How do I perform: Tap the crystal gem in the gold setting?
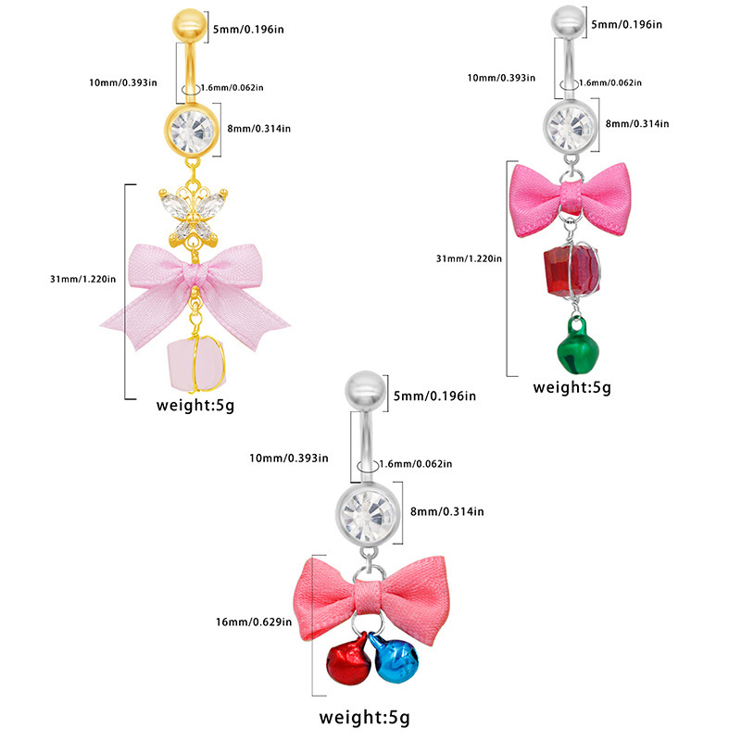(x=194, y=132)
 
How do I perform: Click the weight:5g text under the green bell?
(x=572, y=387)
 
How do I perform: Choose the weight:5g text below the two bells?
(x=365, y=716)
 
